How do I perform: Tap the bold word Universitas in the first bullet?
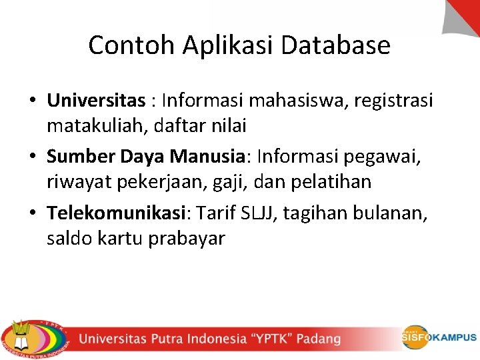click(96, 101)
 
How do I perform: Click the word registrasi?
click(394, 101)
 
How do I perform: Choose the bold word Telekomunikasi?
click(116, 213)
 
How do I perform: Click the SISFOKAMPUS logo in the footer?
click(439, 337)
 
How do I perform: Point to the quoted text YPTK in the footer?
click(270, 339)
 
